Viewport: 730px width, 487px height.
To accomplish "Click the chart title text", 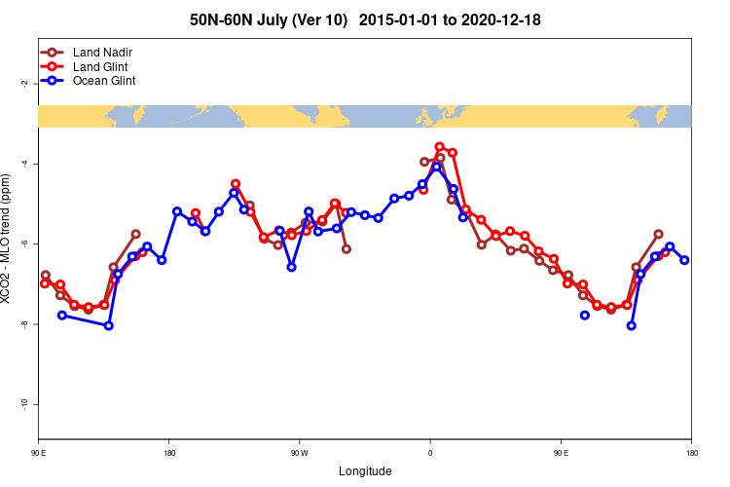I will [x=365, y=19].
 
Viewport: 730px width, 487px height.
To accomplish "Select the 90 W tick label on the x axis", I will [x=299, y=453].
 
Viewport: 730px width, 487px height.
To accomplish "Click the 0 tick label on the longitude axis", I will [x=430, y=453].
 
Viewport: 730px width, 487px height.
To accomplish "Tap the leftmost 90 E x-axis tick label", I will [x=39, y=453].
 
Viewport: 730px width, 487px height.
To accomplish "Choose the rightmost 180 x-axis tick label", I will [x=691, y=453].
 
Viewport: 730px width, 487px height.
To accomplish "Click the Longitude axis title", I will [x=365, y=471].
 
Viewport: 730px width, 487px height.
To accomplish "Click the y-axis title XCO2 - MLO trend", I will [x=9, y=239].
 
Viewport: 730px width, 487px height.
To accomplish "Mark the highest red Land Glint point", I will [x=440, y=147].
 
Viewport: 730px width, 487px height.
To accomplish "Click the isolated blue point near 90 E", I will [x=584, y=315].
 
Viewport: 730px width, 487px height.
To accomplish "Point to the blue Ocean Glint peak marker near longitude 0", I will [x=437, y=167].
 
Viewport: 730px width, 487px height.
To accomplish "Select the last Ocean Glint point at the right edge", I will [x=684, y=260].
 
